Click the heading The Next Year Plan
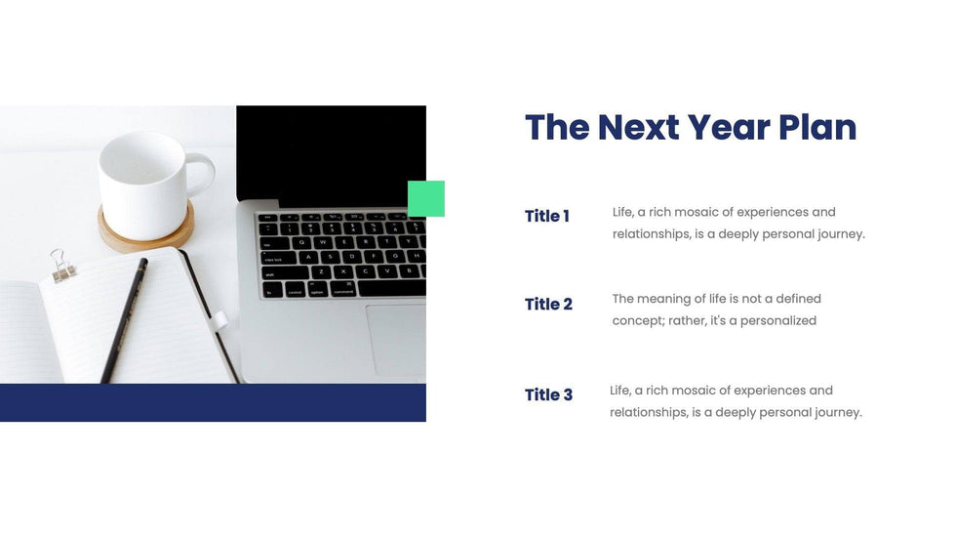coord(691,128)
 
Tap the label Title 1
coord(547,216)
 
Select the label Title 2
coord(548,304)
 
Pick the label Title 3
coord(548,394)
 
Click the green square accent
coord(426,198)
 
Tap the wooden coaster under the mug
coord(146,234)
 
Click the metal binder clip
coord(62,266)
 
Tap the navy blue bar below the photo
coord(213,402)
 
